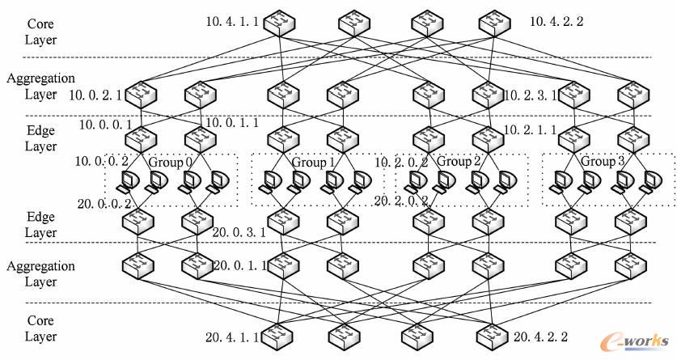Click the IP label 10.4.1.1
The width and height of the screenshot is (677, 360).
[232, 21]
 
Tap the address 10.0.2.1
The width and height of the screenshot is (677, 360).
[95, 95]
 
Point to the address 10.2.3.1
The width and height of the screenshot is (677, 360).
[530, 95]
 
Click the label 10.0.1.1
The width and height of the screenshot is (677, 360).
[232, 124]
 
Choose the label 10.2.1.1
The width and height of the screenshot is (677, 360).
[530, 129]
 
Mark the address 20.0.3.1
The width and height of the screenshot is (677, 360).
[239, 232]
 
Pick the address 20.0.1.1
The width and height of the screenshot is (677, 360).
[239, 265]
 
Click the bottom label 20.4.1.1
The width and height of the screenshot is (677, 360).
[232, 337]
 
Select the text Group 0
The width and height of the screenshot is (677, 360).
[170, 162]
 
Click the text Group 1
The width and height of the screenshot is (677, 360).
[313, 162]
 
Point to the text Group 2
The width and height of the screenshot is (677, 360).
[459, 162]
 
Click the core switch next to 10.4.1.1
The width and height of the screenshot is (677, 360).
[281, 22]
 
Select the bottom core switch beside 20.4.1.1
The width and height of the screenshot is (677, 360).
[281, 334]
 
